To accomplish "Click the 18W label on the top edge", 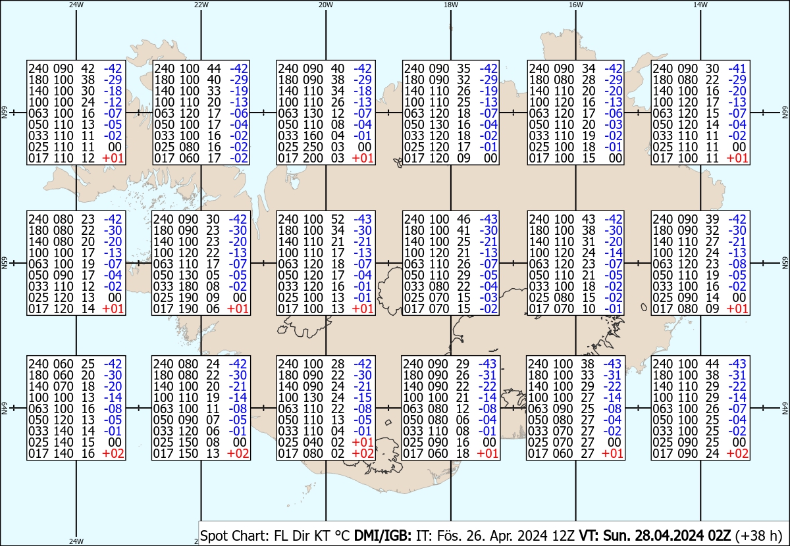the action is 451,5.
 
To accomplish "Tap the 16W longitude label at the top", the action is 575,5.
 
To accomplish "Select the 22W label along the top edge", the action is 201,5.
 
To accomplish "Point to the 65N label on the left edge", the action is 4,263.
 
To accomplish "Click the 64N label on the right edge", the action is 785,408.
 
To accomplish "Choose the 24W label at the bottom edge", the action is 76,541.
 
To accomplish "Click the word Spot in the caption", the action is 213,535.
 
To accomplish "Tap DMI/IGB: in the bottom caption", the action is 382,535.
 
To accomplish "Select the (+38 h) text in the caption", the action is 759,535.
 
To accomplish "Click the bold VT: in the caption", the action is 589,535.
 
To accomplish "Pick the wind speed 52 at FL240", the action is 338,219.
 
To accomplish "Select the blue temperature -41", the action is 737,68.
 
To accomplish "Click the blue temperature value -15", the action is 363,397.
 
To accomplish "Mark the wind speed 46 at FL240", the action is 463,219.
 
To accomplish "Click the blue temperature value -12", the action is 113,102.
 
